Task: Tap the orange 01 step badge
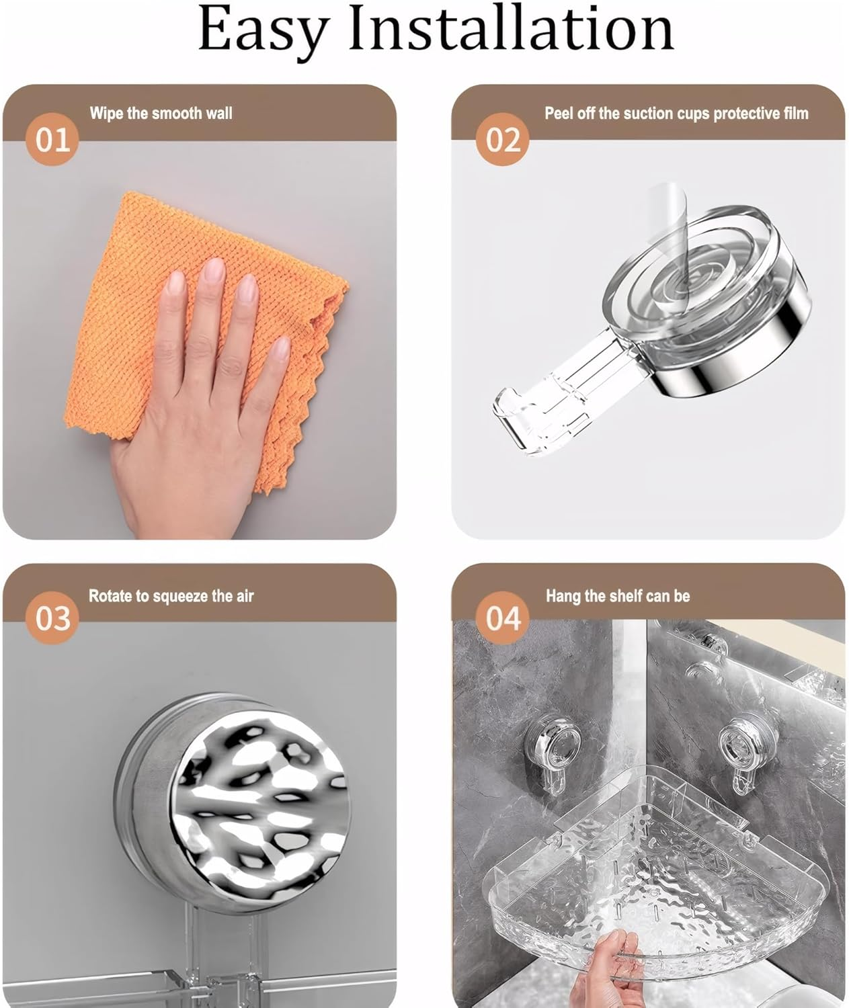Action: point(52,140)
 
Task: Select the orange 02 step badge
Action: point(503,140)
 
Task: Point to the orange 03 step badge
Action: point(52,618)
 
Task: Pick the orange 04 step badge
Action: point(503,618)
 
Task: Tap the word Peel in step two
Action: point(559,114)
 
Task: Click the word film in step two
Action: point(797,114)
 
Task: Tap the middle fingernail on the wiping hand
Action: point(214,269)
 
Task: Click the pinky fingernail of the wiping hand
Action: point(280,349)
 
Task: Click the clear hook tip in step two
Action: point(505,415)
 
